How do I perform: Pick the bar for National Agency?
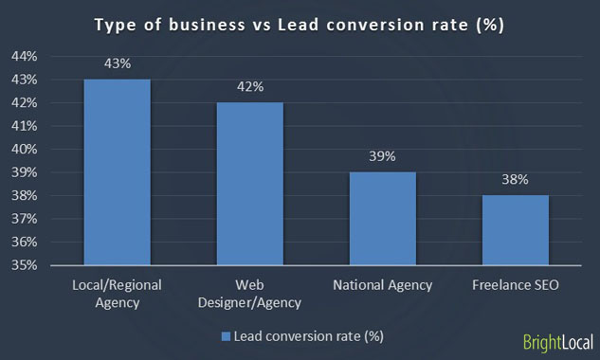pos(382,219)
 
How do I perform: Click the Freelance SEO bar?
pos(515,230)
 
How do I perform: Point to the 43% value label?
pos(117,64)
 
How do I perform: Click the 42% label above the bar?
pos(249,88)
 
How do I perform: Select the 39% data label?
pos(382,157)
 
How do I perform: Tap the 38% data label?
pos(515,181)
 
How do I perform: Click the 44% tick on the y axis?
pos(24,56)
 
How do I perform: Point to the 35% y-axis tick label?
pos(24,265)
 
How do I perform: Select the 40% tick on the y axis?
pos(24,149)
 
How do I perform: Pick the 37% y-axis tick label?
pos(24,219)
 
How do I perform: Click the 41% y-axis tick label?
pos(24,126)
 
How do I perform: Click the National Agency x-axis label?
pos(382,285)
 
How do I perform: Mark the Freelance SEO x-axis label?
pos(515,285)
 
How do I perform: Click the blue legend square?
pos(225,335)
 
